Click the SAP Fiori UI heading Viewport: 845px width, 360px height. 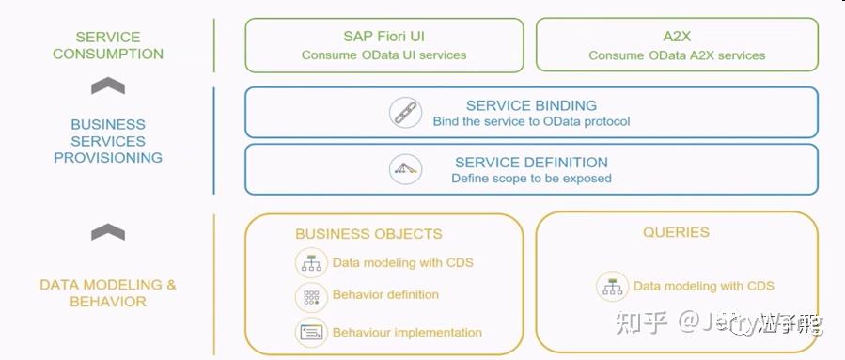[383, 37]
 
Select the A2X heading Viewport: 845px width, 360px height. [677, 37]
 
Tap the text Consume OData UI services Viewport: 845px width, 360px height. [383, 55]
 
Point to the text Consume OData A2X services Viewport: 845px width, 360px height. [677, 55]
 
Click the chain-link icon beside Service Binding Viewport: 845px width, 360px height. [405, 113]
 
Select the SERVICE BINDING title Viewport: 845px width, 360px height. [531, 105]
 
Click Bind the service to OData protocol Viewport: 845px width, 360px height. [531, 122]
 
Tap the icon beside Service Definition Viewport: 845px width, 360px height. [405, 169]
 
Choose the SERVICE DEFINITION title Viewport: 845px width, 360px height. [531, 162]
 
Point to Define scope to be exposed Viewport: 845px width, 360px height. [531, 179]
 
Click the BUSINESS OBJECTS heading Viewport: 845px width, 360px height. [368, 234]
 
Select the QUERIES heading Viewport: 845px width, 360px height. [676, 232]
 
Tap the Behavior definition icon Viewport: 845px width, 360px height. [310, 296]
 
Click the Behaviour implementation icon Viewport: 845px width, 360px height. [310, 332]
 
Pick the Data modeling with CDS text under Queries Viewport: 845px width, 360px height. [703, 286]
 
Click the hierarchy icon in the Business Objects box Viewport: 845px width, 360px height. [310, 263]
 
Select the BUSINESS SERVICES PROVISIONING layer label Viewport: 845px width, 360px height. [108, 141]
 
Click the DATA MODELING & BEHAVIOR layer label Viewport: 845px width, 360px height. [108, 293]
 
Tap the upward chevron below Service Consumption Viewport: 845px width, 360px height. [108, 86]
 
